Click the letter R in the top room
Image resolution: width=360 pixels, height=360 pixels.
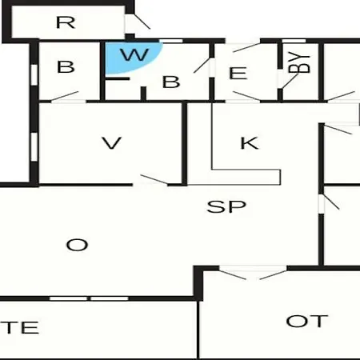pyautogui.click(x=66, y=22)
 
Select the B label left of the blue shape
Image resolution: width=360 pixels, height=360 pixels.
pyautogui.click(x=66, y=66)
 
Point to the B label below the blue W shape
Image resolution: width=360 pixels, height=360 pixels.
pyautogui.click(x=171, y=82)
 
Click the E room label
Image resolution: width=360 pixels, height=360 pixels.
pyautogui.click(x=238, y=74)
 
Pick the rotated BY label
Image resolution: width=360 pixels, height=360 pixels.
pyautogui.click(x=299, y=64)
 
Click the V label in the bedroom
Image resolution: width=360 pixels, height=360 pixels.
pyautogui.click(x=112, y=143)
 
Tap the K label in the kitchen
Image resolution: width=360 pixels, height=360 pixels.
pyautogui.click(x=250, y=143)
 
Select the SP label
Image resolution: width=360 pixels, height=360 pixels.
pyautogui.click(x=226, y=206)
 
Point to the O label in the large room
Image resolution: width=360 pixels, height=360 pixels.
pyautogui.click(x=77, y=245)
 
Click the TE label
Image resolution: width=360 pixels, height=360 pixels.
pyautogui.click(x=20, y=328)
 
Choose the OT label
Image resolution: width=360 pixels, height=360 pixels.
pyautogui.click(x=307, y=321)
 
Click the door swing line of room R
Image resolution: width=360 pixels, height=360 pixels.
pyautogui.click(x=142, y=21)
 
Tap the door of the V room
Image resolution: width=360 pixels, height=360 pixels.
pyautogui.click(x=154, y=179)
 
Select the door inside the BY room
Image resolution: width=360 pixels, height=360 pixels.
pyautogui.click(x=290, y=82)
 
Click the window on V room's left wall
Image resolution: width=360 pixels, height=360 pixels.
pyautogui.click(x=34, y=147)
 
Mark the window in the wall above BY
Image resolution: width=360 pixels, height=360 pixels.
pyautogui.click(x=294, y=41)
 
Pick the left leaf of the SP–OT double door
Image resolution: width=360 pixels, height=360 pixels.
pyautogui.click(x=232, y=275)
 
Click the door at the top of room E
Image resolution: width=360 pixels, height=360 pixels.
pyautogui.click(x=246, y=47)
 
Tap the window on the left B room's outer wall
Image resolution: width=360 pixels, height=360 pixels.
pyautogui.click(x=34, y=74)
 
